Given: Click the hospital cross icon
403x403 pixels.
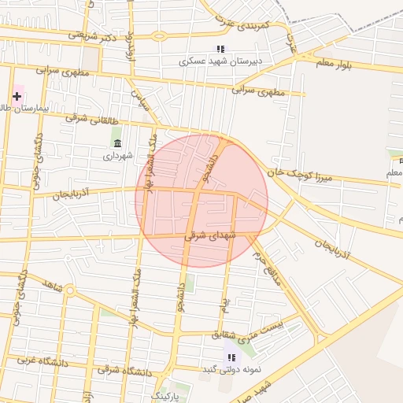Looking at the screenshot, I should tap(17, 96).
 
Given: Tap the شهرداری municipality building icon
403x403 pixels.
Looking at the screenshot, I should tap(117, 142).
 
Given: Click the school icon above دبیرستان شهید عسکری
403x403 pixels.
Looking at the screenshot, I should tap(221, 49).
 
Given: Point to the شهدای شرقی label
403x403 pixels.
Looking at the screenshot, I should tap(205, 235).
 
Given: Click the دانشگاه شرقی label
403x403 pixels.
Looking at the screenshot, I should tap(126, 371).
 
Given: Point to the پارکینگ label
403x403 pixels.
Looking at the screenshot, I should tap(166, 394).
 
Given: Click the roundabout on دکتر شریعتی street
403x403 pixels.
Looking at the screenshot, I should tap(160, 35).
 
